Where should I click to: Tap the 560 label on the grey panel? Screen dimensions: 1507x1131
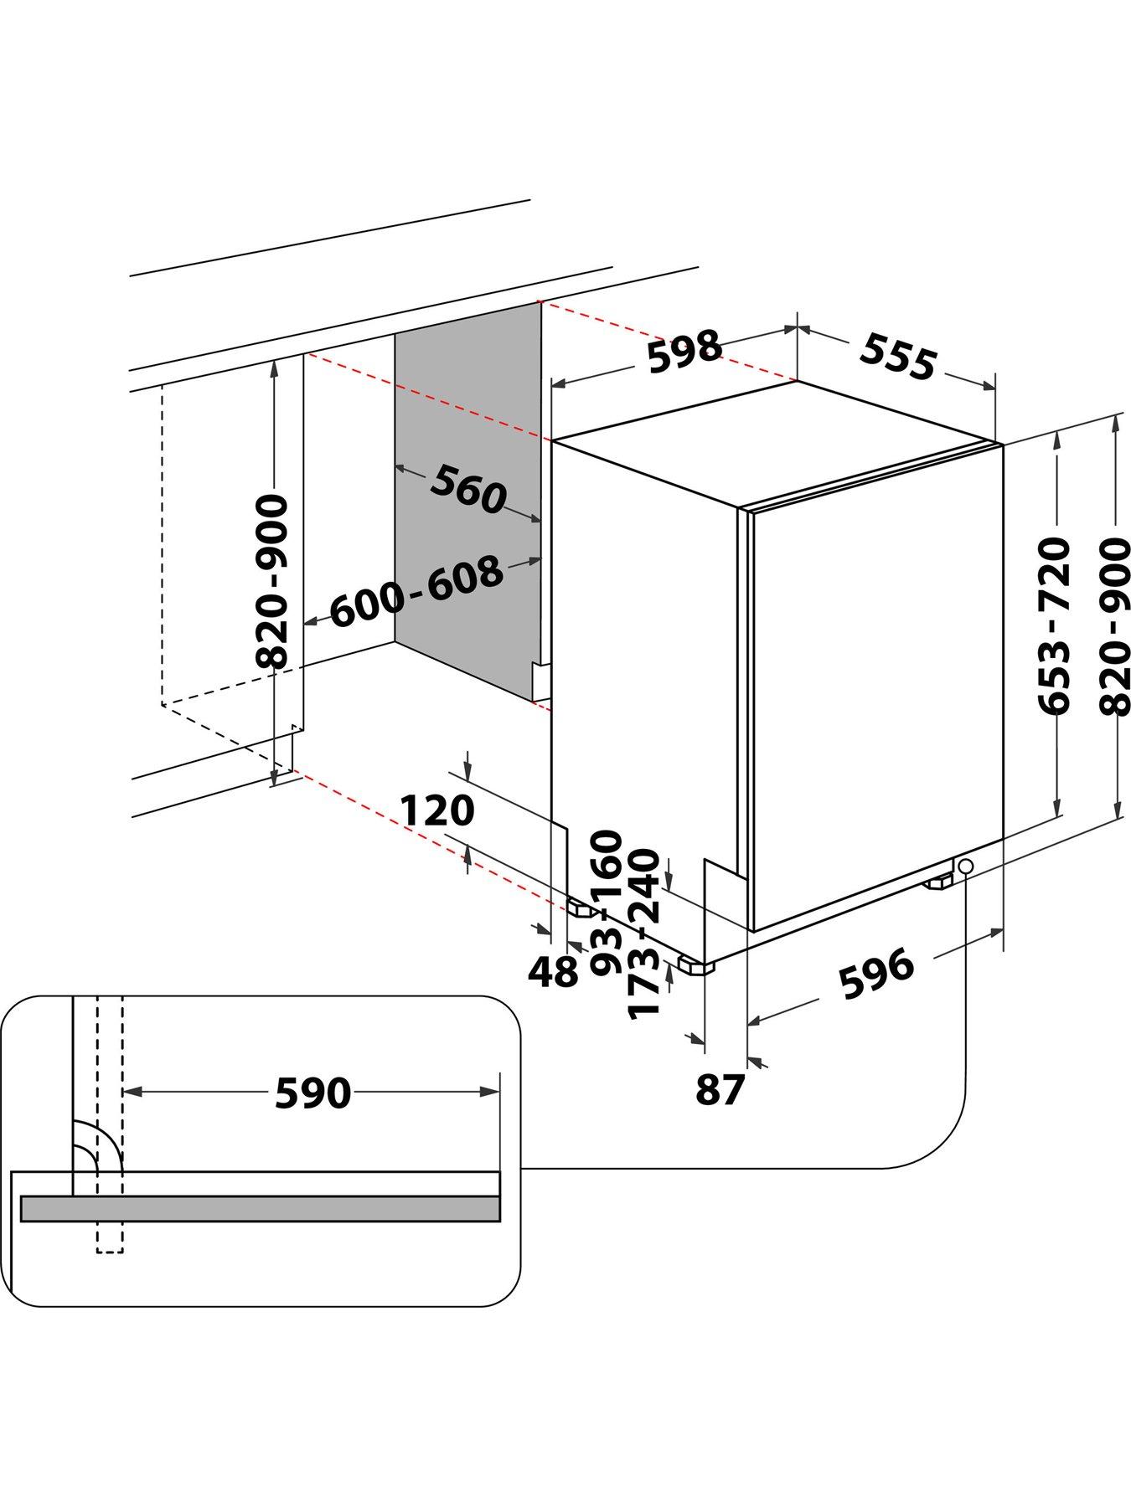[x=468, y=491]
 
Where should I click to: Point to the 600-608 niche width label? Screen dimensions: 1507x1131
[x=416, y=592]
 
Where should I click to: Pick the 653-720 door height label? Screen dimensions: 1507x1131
[x=1054, y=625]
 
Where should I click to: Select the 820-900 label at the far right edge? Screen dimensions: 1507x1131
[x=1114, y=625]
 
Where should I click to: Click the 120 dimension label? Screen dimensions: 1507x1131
[x=436, y=810]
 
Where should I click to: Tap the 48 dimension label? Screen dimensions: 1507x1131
[x=553, y=972]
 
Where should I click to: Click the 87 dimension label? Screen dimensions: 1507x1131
[x=720, y=1090]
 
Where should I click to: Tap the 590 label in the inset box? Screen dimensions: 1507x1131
[x=312, y=1093]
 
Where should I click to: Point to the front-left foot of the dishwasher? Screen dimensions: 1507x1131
[x=697, y=966]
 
